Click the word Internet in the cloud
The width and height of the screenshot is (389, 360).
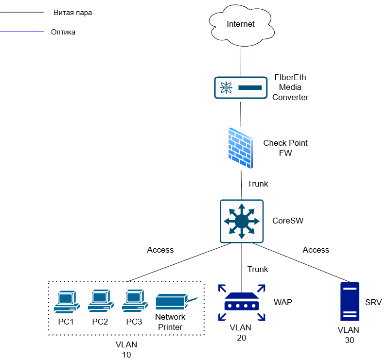pos(241,24)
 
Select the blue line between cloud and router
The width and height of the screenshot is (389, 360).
pos(241,62)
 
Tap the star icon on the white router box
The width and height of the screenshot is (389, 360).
pos(226,87)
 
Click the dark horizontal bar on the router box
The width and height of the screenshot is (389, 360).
pos(250,88)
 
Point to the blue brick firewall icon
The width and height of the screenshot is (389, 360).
pos(241,148)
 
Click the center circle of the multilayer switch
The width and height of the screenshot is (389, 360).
pos(242,222)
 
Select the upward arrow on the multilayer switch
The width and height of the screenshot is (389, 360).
pos(242,208)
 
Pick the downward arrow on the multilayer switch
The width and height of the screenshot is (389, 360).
pos(242,235)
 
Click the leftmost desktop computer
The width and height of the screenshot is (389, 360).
pos(67,302)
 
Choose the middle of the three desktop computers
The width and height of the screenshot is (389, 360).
pos(101,302)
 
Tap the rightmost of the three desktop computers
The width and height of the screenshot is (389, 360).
pos(135,302)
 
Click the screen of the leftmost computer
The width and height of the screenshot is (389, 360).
pos(65,297)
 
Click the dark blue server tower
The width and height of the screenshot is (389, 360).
pos(350,302)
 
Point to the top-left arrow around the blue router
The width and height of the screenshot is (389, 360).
pos(222,288)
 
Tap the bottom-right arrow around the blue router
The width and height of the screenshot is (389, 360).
pos(261,317)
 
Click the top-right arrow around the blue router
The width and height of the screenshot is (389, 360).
pos(261,288)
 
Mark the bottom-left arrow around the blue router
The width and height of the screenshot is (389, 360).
pos(222,317)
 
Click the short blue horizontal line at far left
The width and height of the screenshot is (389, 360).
pos(22,32)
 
